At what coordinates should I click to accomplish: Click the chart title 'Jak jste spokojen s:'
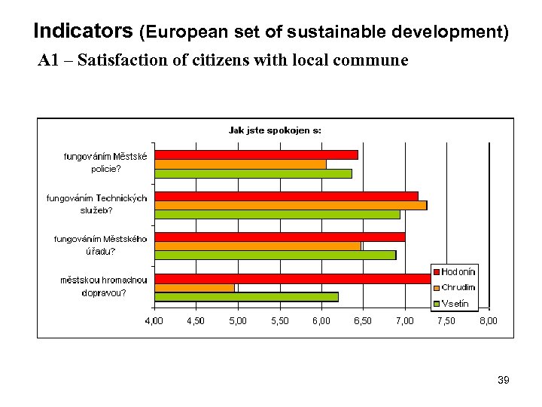(x=275, y=130)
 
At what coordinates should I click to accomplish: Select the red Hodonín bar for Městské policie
(x=256, y=155)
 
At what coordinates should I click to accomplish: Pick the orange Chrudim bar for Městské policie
(x=240, y=164)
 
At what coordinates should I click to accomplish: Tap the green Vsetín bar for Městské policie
(x=253, y=173)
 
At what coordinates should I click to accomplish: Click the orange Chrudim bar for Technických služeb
(x=291, y=205)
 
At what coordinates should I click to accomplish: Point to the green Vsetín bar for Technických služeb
(x=277, y=214)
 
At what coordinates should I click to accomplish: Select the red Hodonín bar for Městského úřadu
(x=279, y=237)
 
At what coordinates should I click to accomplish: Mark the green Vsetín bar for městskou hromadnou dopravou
(x=246, y=296)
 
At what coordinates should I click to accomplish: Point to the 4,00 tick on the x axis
(x=154, y=321)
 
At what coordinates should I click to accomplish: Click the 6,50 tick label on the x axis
(x=363, y=321)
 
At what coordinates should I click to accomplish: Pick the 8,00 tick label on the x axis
(x=488, y=321)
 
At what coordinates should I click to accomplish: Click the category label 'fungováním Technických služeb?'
(x=97, y=203)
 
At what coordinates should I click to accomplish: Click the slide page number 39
(x=504, y=381)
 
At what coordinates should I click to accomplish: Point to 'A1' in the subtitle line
(x=48, y=60)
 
